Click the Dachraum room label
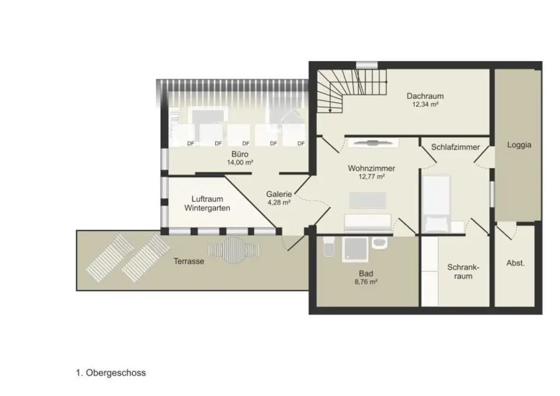click(425, 96)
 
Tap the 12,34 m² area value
click(425, 104)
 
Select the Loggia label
click(519, 145)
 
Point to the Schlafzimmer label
click(456, 147)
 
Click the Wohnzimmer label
click(371, 168)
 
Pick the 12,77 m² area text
click(371, 177)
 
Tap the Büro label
click(240, 154)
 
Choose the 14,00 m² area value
click(240, 162)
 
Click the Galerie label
click(279, 194)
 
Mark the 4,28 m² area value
click(279, 202)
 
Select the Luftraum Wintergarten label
click(207, 203)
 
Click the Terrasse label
click(189, 261)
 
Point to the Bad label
click(366, 273)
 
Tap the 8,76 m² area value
click(366, 282)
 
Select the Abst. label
click(515, 263)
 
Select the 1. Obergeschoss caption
click(111, 374)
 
